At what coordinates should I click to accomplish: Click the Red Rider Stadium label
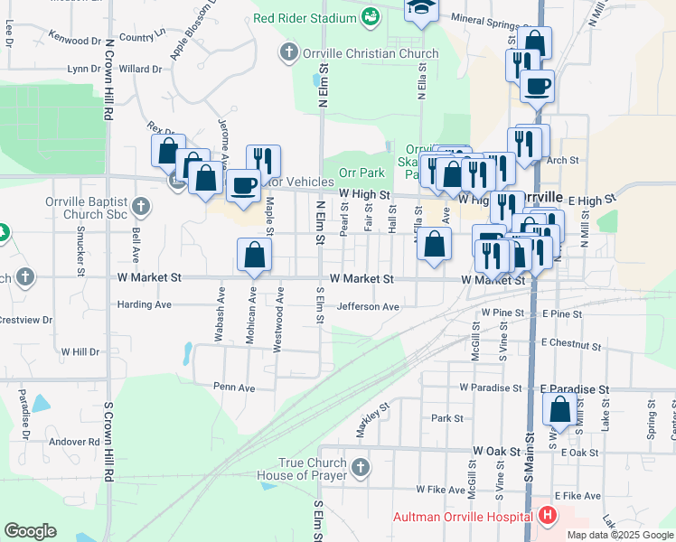[x=305, y=17]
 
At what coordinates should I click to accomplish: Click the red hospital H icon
[x=546, y=517]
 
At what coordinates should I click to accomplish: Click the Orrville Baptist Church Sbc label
[x=89, y=209]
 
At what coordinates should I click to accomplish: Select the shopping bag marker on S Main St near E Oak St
[x=560, y=410]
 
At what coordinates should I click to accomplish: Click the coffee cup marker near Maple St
[x=242, y=186]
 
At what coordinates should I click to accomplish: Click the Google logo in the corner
[x=30, y=530]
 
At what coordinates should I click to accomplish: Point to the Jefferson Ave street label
[x=368, y=307]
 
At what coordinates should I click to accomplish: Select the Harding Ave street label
[x=145, y=304]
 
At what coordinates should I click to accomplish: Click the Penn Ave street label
[x=234, y=387]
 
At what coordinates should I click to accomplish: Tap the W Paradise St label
[x=491, y=387]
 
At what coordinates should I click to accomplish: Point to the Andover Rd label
[x=73, y=442]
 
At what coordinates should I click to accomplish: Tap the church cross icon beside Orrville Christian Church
[x=288, y=52]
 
